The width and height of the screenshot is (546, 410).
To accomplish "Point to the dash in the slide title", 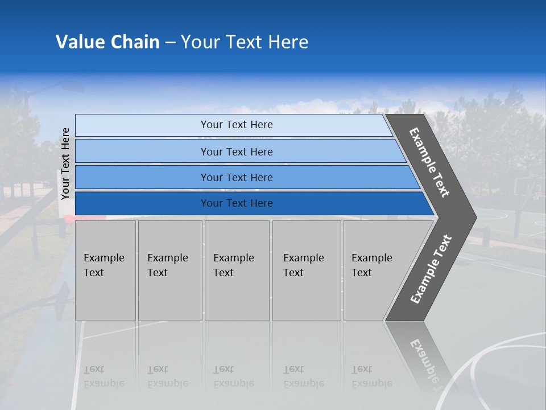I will [x=170, y=42].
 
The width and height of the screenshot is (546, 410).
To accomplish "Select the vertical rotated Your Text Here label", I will [x=65, y=163].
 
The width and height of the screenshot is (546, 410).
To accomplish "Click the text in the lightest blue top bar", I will [x=237, y=125].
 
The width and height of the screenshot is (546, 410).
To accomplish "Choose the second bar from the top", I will [x=237, y=151].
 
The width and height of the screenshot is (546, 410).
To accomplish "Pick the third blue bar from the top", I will [x=237, y=177].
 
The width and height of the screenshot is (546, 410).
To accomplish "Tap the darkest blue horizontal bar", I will [x=237, y=203].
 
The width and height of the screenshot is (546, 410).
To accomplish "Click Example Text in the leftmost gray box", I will [x=104, y=265].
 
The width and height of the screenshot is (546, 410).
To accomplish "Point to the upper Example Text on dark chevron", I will [x=429, y=162].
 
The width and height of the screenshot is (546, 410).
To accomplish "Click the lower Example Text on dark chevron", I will [x=431, y=269].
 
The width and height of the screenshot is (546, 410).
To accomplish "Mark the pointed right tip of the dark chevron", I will [x=475, y=217].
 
